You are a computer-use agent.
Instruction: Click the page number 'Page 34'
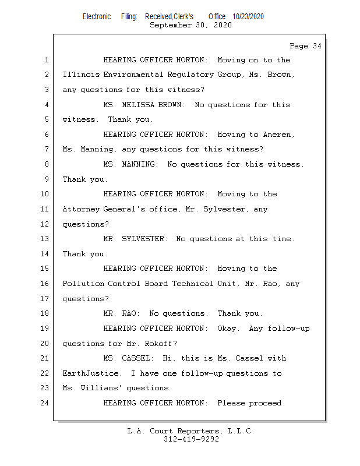click(305, 46)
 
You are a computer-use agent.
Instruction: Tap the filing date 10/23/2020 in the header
click(248, 17)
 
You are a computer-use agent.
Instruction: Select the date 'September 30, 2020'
click(190, 25)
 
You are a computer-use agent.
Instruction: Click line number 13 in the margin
click(45, 239)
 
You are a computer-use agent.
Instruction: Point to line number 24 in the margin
click(45, 403)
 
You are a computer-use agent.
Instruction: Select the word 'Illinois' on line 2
click(81, 75)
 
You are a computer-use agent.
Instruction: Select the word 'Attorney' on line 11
click(81, 209)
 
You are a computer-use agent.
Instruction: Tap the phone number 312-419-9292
click(191, 440)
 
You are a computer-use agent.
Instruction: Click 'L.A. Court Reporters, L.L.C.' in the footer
click(191, 432)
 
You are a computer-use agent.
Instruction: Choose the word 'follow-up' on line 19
click(288, 329)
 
